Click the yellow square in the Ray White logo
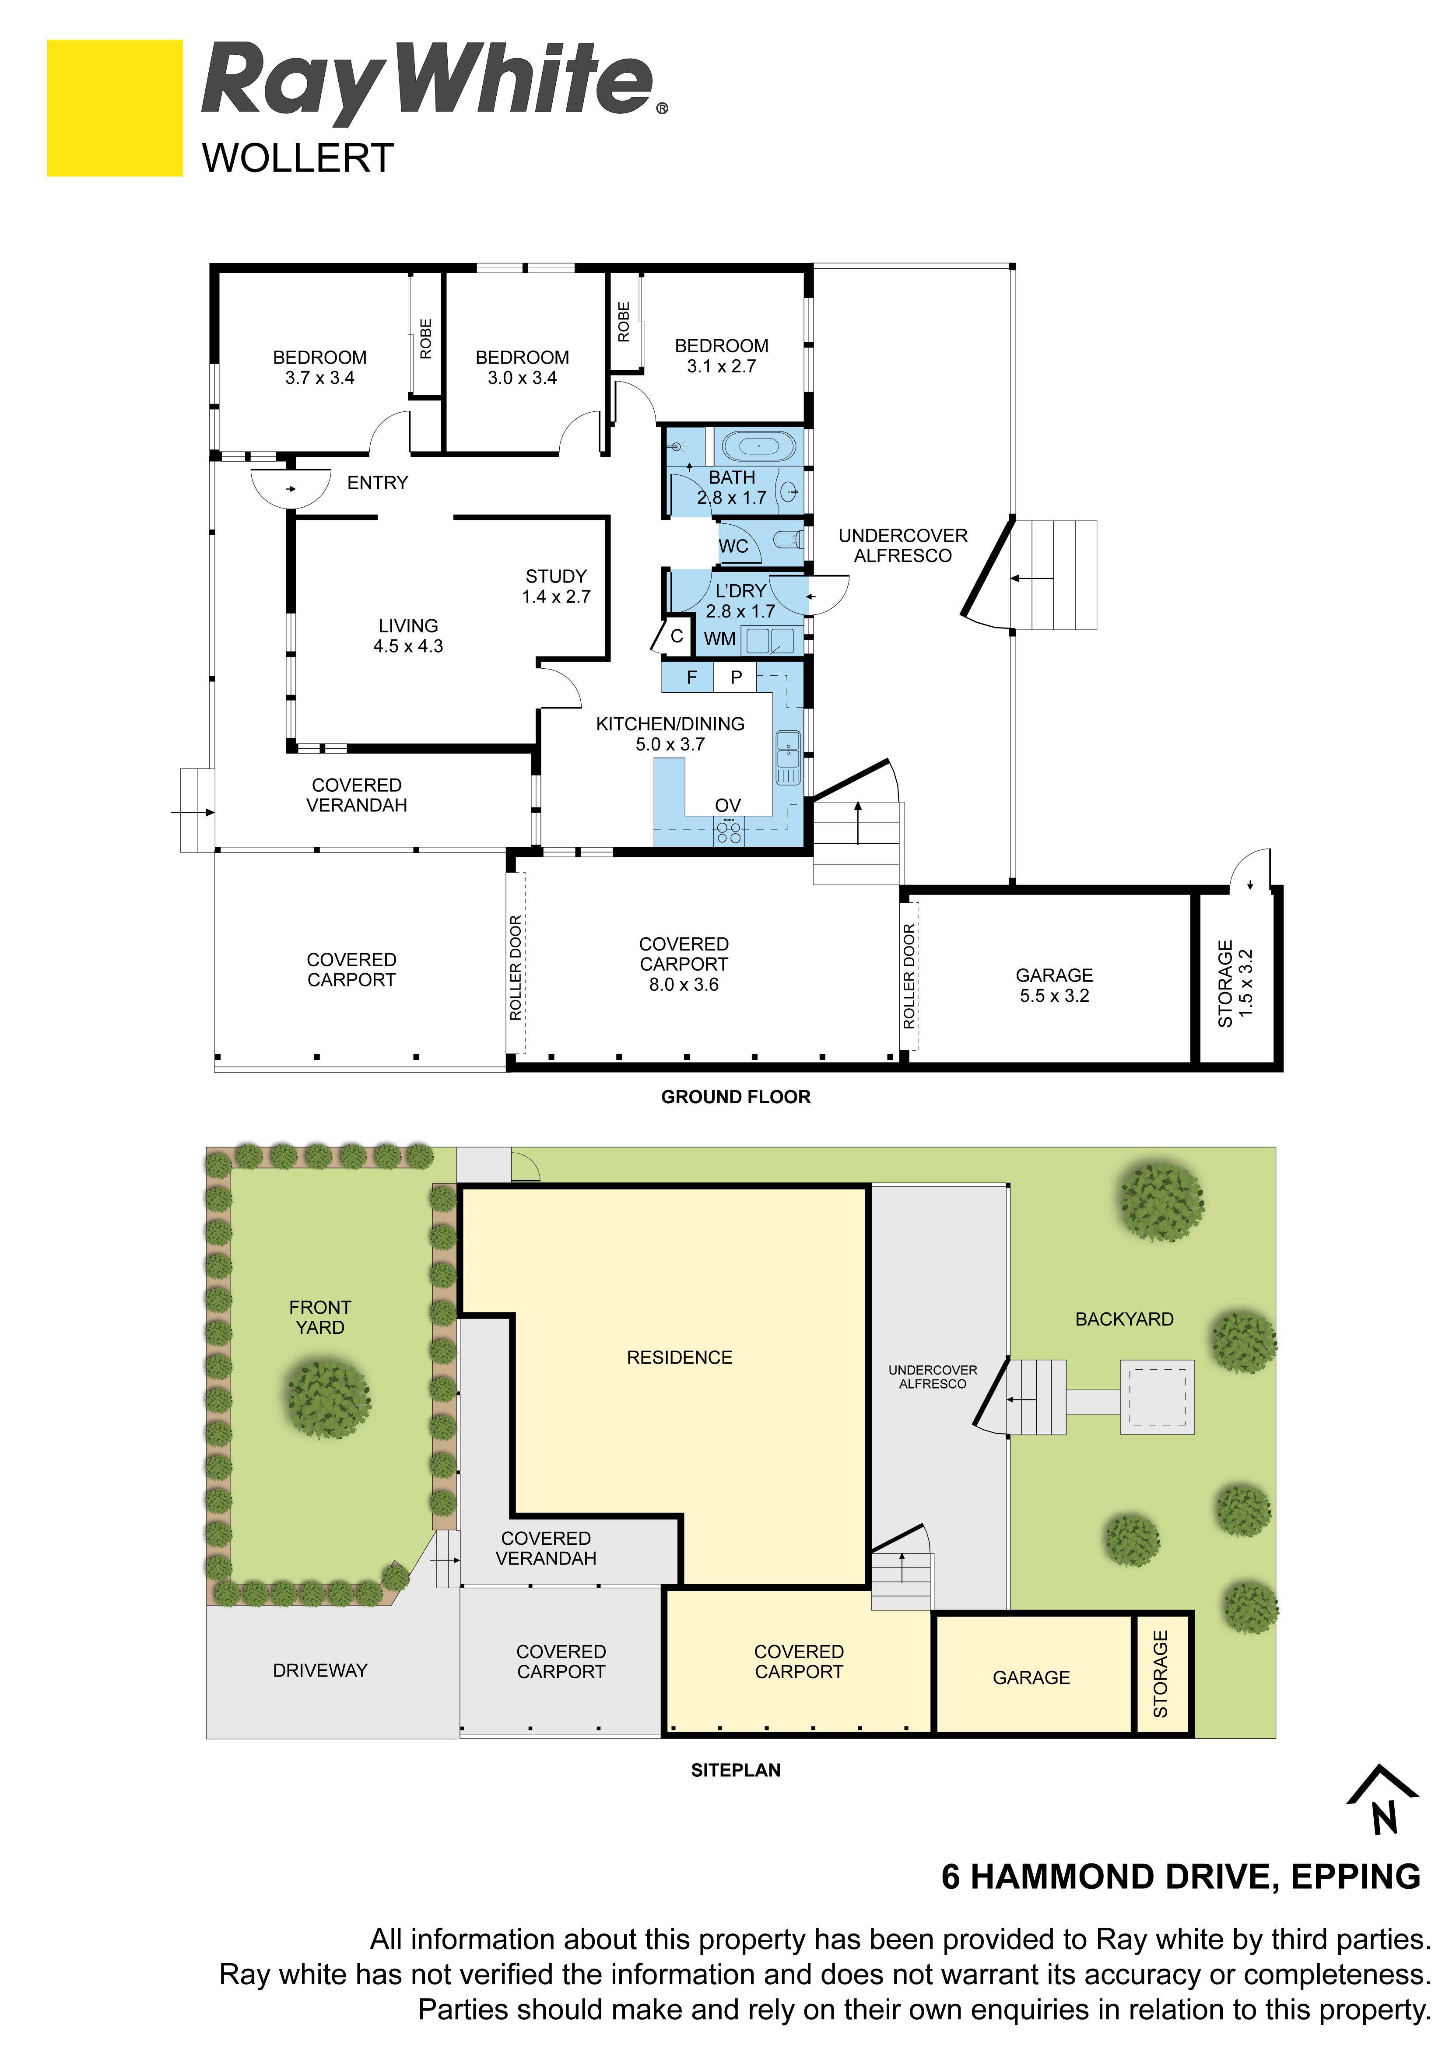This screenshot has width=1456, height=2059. pos(115,108)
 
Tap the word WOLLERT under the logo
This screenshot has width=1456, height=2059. pos(298,159)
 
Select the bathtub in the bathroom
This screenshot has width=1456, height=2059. pos(758,445)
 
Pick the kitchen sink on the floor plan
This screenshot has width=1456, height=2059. pos(788,758)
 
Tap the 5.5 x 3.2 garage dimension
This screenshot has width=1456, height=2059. pos(1054,996)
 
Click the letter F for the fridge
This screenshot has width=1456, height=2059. pos(691,677)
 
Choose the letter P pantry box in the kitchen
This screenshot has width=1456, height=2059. pos(736,677)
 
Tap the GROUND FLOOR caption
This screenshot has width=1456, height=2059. pos(736,1097)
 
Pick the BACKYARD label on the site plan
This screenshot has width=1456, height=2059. pos(1124,1319)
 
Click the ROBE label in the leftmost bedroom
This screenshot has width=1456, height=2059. pos(426,339)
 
